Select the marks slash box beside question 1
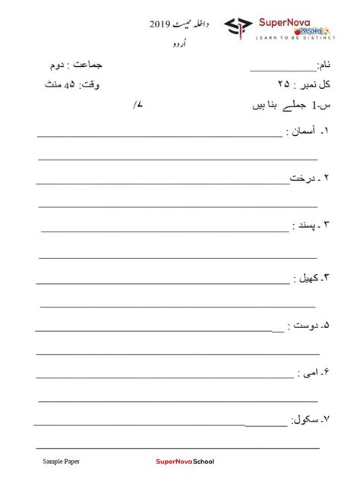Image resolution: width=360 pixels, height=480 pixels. tap(137, 107)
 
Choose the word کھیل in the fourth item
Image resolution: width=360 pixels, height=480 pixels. tap(306, 278)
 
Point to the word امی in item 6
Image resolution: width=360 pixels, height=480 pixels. tap(306, 375)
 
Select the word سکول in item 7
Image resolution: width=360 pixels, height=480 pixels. tap(305, 419)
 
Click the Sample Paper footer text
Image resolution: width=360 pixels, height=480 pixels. tap(60, 460)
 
